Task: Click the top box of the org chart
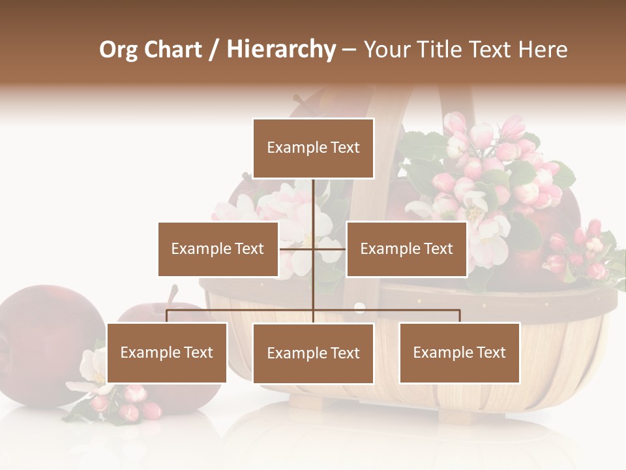[313, 148]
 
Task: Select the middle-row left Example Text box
[218, 249]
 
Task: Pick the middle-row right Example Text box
[406, 249]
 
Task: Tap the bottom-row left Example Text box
[167, 352]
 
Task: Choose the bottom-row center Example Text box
[313, 353]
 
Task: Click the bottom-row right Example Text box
[459, 352]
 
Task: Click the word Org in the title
[118, 50]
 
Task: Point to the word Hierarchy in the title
[281, 50]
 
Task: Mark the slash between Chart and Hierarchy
[215, 50]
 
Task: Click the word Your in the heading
[387, 50]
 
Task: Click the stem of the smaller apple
[173, 293]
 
